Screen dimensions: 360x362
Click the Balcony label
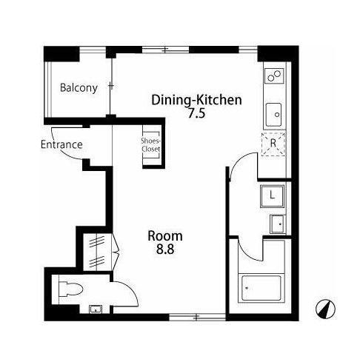pos(79,88)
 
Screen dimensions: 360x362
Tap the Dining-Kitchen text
pos(196,100)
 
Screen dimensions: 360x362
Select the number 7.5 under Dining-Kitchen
pos(197,114)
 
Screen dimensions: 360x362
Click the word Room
pos(165,236)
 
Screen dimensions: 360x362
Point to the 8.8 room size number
pos(165,249)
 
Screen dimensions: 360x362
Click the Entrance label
pos(61,144)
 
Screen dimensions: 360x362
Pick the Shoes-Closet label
pos(151,145)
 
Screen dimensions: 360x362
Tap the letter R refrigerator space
pos(273,143)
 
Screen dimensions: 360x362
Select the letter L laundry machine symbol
pos(273,196)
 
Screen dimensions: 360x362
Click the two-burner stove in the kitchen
pos(274,76)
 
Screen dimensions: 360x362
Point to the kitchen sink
pos(273,115)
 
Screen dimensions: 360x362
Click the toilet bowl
pos(70,289)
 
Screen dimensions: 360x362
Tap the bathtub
pos(261,288)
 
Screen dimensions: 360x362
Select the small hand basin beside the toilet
pos(96,309)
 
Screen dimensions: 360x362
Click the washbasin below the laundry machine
pos(278,224)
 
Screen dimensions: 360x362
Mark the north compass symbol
pos(326,309)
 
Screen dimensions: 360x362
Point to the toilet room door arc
pos(131,290)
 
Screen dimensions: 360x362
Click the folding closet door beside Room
pos(116,252)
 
